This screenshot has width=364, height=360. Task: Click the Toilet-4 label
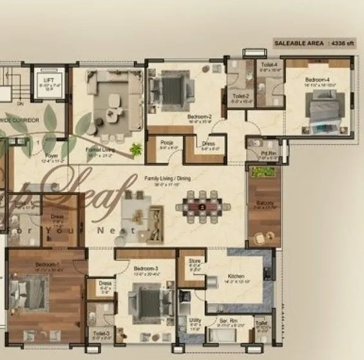pyautogui.click(x=269, y=65)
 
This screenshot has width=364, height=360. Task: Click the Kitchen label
pyautogui.click(x=233, y=276)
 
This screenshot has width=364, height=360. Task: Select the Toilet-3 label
pyautogui.click(x=100, y=333)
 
